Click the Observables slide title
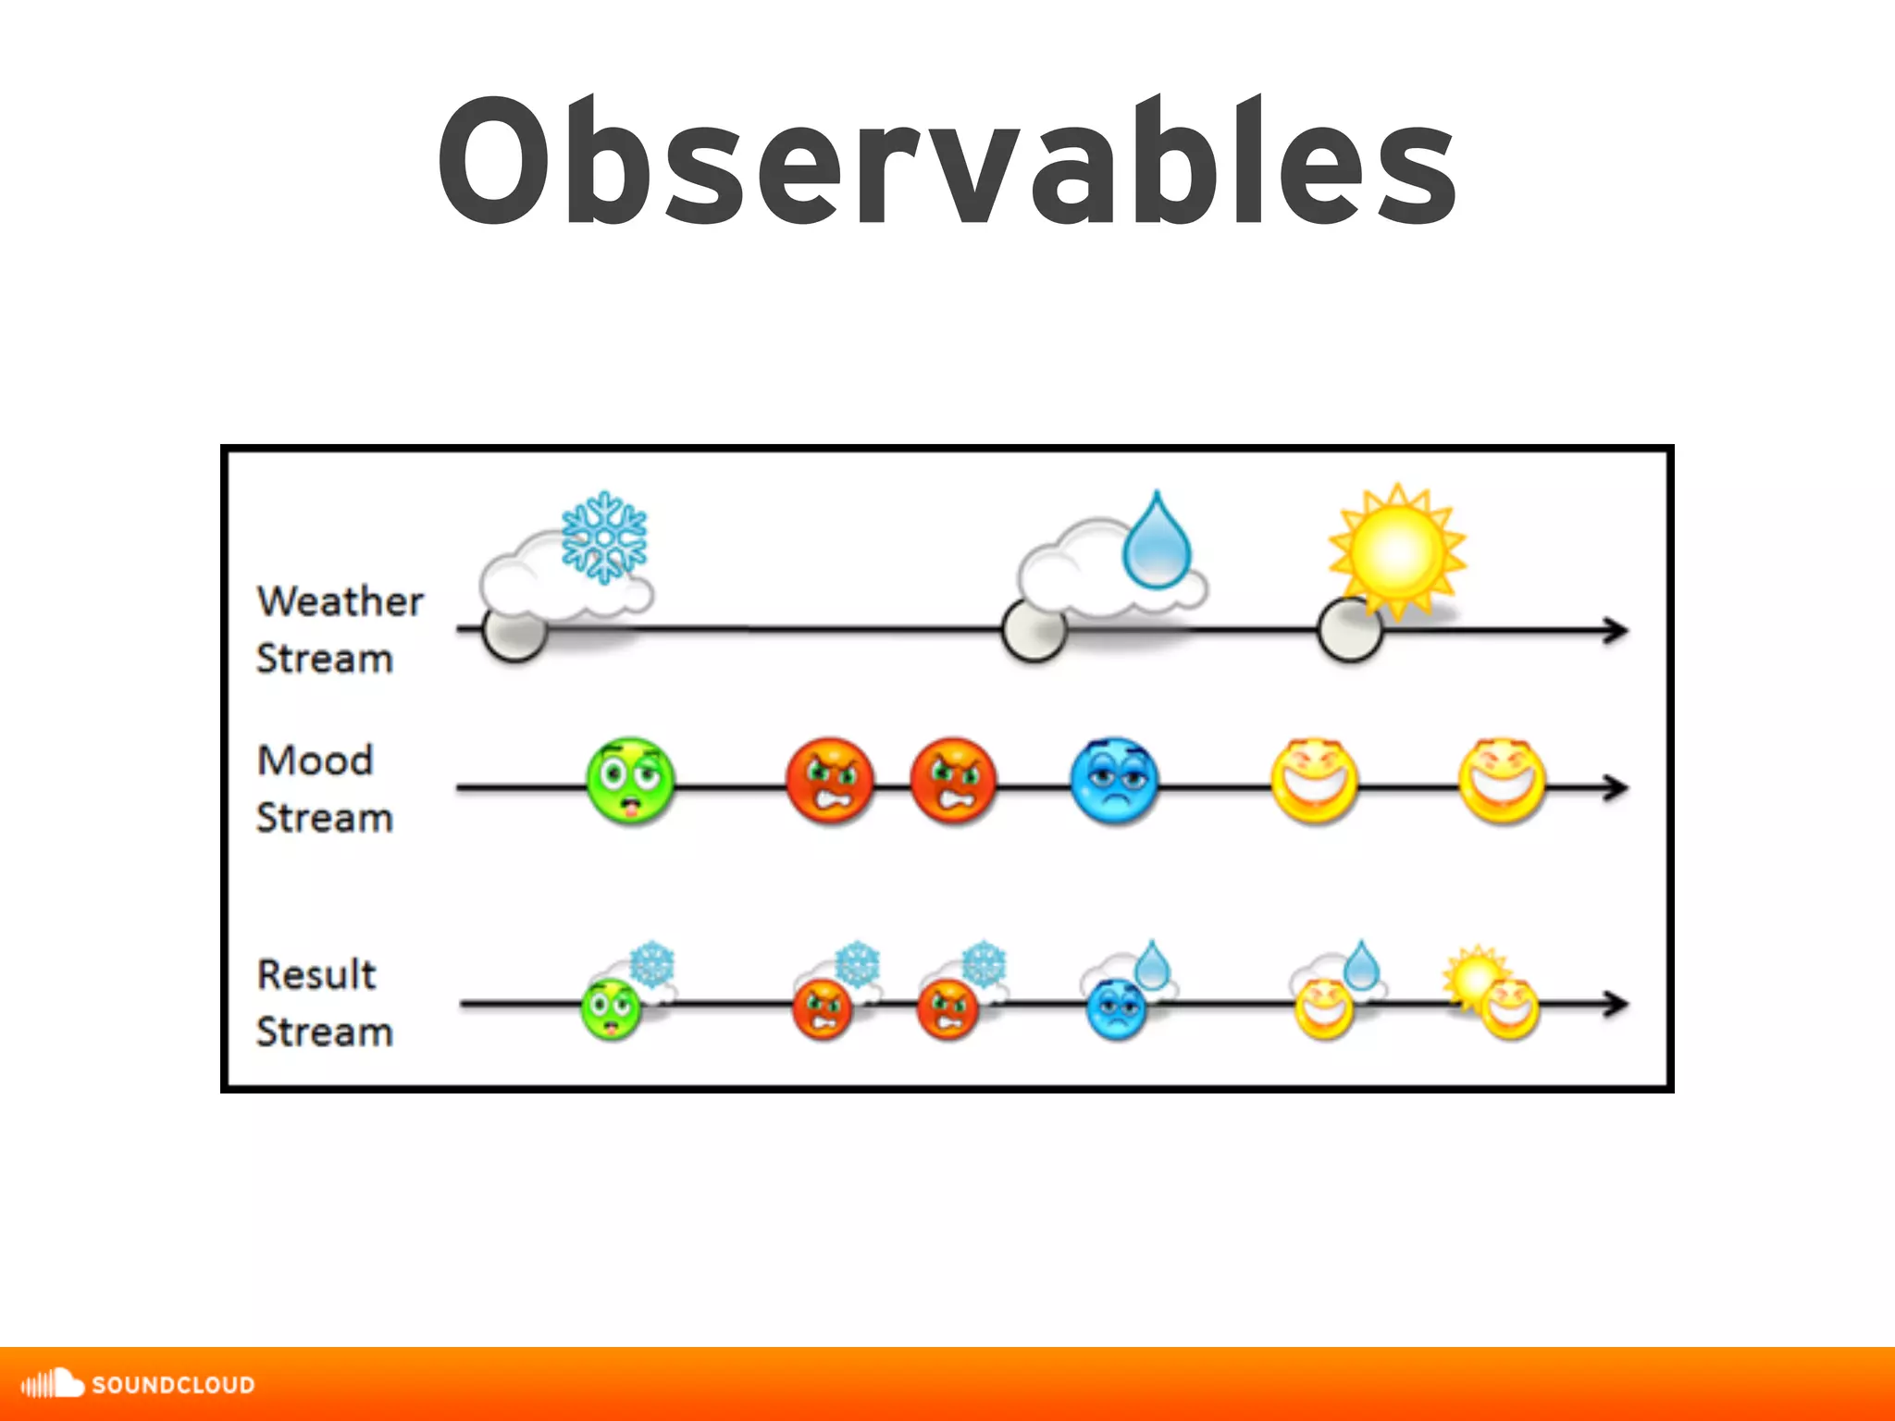pos(947,162)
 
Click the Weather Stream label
pos(339,629)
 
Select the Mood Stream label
pos(324,788)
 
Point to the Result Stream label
pos(324,1003)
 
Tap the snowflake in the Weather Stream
pos(604,538)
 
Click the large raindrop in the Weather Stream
pos(1156,544)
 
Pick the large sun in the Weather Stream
pos(1397,551)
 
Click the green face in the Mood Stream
pos(630,782)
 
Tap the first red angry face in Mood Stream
pos(830,782)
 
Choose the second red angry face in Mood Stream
pos(954,782)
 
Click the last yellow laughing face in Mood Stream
pos(1502,782)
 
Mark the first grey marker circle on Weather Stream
pos(515,631)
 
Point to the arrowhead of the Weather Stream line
pos(1616,631)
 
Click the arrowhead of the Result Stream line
pos(1616,1004)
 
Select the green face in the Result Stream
pos(610,1009)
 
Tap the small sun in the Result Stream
pos(1473,976)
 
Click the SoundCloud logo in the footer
pos(139,1384)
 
